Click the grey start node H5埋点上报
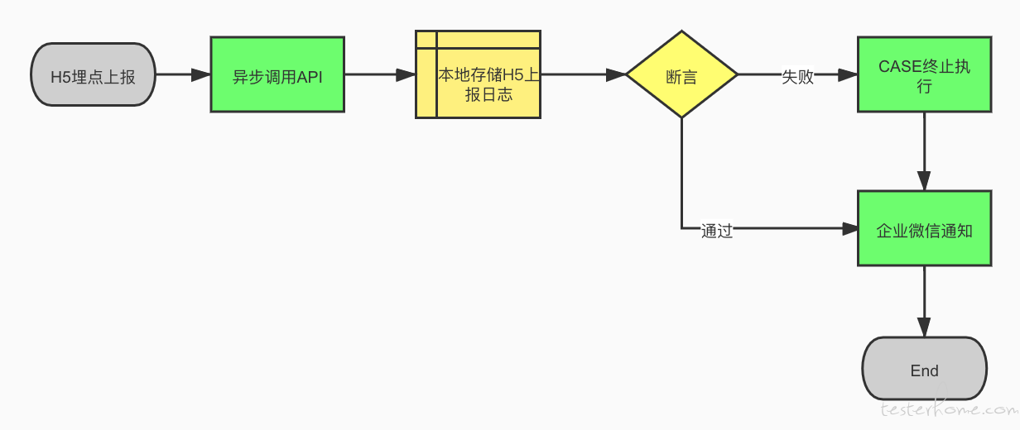click(93, 74)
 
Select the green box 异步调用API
click(277, 74)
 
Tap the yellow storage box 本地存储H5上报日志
click(479, 74)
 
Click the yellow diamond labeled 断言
click(681, 74)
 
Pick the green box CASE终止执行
click(924, 74)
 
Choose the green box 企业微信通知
click(924, 228)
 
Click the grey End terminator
click(924, 369)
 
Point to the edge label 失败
click(797, 76)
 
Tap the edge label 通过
click(717, 231)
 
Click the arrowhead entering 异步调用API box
click(201, 74)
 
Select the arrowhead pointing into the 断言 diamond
click(616, 74)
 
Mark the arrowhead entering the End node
click(924, 327)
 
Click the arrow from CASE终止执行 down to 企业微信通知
click(924, 151)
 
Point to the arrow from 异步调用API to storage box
click(380, 74)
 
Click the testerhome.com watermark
click(949, 409)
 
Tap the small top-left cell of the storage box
click(426, 39)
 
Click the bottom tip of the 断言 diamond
click(681, 118)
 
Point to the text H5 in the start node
click(60, 77)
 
